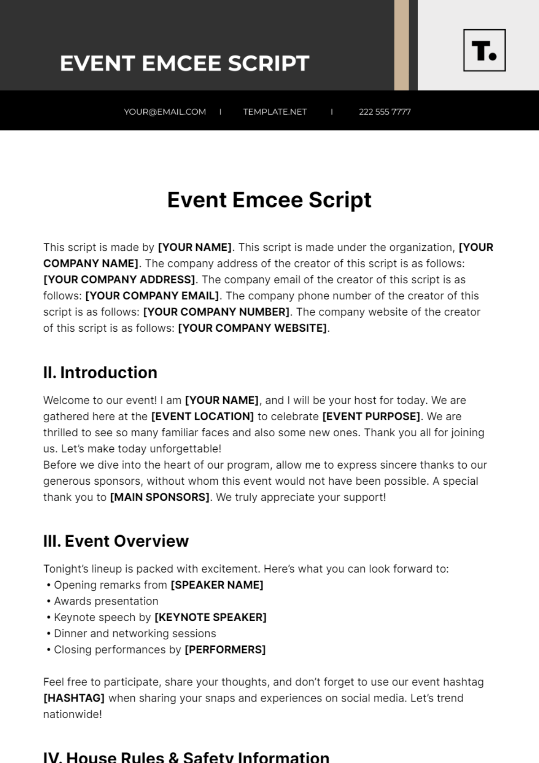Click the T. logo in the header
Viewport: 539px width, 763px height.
(x=484, y=50)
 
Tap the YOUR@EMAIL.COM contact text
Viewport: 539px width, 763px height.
(x=165, y=112)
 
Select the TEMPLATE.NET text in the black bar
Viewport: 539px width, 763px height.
(x=275, y=112)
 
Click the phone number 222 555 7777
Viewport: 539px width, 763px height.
(x=384, y=112)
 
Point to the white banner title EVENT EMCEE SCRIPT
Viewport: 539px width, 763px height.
(x=185, y=63)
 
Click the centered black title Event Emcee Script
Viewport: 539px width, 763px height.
(x=269, y=200)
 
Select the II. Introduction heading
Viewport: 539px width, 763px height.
(x=100, y=373)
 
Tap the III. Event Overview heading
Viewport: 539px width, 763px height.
(x=116, y=541)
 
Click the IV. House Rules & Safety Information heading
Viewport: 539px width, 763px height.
(x=186, y=757)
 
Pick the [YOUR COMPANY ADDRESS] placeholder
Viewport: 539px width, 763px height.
(x=119, y=280)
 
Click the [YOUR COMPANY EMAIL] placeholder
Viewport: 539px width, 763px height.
(x=152, y=296)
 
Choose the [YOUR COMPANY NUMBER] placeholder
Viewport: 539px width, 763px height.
(x=216, y=312)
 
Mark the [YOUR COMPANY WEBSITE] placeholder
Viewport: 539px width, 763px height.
(x=252, y=328)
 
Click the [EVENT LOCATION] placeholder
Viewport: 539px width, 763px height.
(x=203, y=417)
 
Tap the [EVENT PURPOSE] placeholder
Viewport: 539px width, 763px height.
(x=371, y=417)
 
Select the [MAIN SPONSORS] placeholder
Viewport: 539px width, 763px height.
(x=159, y=497)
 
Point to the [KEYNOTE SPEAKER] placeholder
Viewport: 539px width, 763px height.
(x=210, y=618)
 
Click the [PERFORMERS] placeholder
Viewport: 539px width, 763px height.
(x=225, y=650)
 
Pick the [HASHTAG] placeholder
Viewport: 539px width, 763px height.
(x=74, y=698)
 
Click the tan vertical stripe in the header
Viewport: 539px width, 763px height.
(x=402, y=45)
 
